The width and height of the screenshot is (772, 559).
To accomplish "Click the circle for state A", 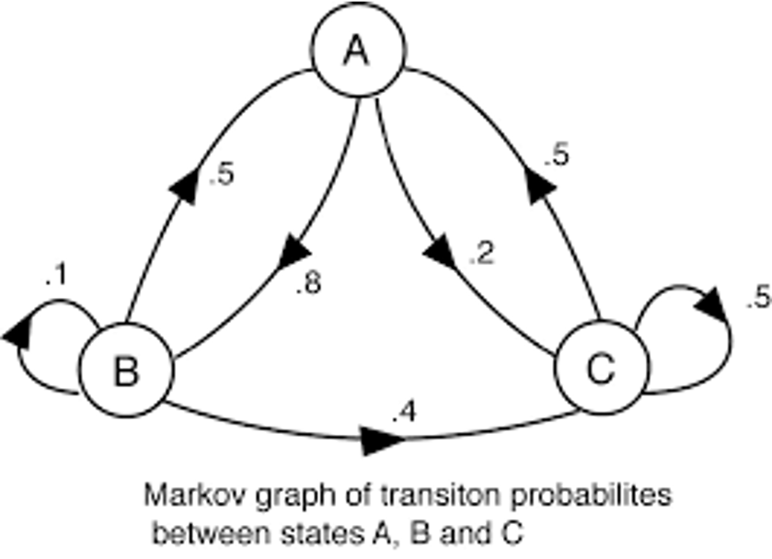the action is pos(357,53).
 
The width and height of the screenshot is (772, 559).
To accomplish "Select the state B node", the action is pos(125,372).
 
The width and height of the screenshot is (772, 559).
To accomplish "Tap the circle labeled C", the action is pos(600,371).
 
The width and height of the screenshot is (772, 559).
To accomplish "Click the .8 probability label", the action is pos(307,286).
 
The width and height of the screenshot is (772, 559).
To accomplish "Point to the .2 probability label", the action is pos(480,255).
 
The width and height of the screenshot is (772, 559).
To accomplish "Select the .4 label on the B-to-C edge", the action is pos(402,415).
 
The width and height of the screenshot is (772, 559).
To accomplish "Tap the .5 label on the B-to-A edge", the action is pos(221,175).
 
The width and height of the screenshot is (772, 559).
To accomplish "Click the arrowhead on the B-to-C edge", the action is pos(375,441).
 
